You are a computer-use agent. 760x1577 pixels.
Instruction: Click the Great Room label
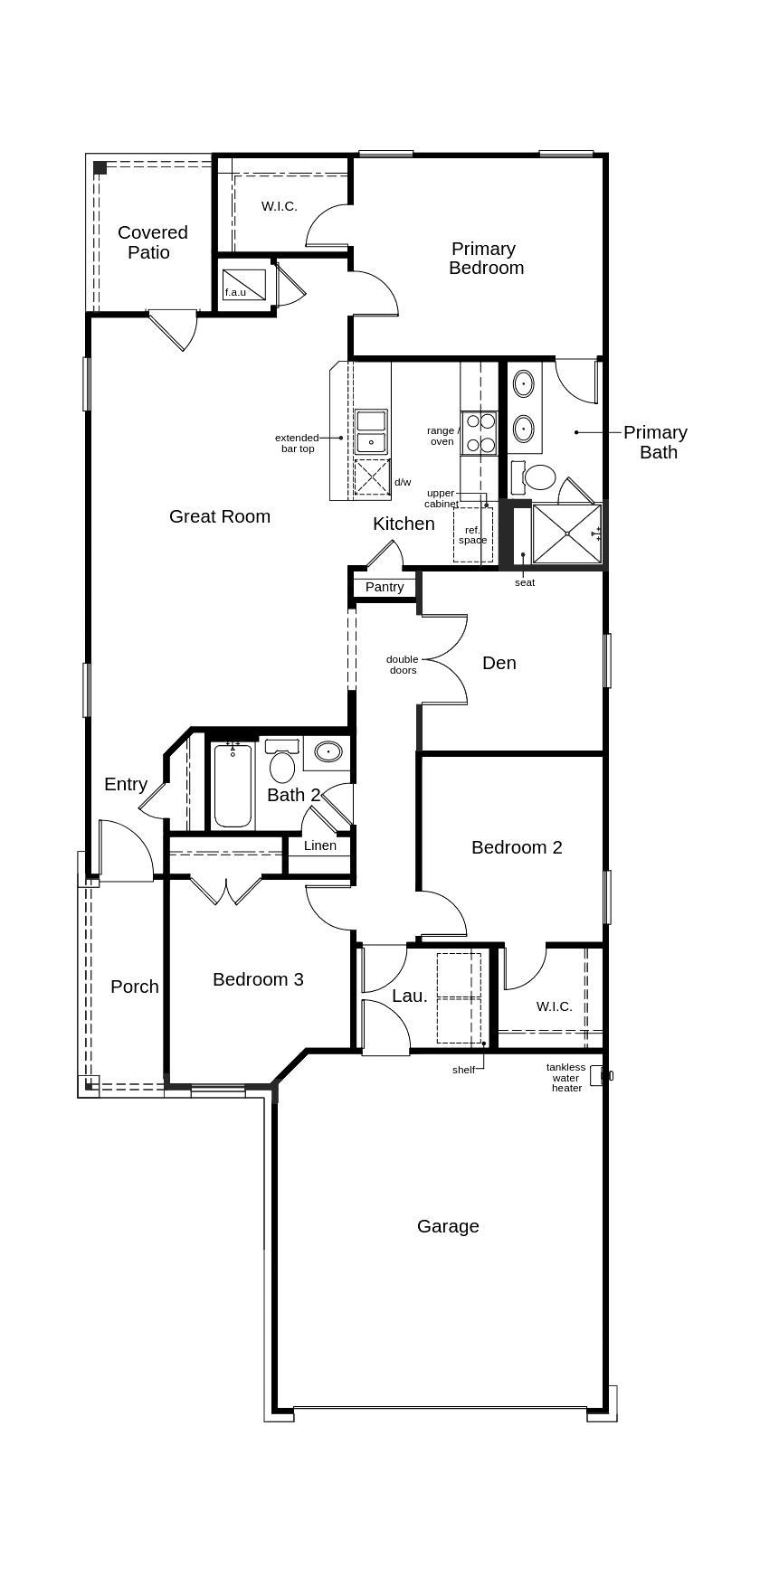tap(220, 516)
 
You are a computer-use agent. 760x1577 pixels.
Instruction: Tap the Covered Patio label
tap(152, 242)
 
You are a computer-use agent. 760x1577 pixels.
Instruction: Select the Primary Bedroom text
tap(486, 258)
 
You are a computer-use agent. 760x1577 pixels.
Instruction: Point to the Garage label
tap(448, 1226)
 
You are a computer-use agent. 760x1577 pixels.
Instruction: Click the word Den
tap(499, 663)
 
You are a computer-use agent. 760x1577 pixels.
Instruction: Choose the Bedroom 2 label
tap(517, 847)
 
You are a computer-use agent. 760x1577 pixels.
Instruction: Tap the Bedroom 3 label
tap(258, 979)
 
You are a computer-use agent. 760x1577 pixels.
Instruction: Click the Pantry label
tap(385, 587)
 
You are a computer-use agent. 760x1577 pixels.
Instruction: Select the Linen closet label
tap(320, 845)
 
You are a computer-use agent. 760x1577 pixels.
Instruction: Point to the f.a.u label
tap(235, 292)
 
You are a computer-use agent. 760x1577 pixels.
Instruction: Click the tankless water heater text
tap(566, 1077)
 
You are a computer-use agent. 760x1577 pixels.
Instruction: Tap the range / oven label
tap(442, 436)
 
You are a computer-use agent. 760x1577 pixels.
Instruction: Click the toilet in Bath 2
tap(282, 761)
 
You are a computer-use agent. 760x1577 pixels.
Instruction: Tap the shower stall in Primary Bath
tap(567, 534)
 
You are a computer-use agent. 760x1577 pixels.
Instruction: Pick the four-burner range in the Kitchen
tap(480, 432)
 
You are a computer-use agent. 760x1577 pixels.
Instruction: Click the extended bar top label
tap(297, 443)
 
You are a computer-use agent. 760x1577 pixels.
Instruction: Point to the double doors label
tap(403, 665)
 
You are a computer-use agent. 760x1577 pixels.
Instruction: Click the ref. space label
tap(472, 534)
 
